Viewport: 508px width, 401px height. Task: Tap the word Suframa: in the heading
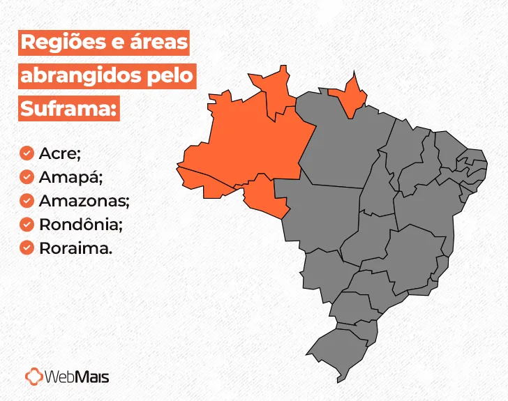68,108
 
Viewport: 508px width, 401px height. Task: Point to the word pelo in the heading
169,75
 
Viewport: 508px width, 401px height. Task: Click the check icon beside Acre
27,153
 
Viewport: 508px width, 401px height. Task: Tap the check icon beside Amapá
27,176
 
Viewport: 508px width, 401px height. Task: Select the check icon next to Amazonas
27,200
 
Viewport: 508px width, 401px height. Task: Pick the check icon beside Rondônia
27,224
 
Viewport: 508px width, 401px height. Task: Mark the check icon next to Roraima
27,248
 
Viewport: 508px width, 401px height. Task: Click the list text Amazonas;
84,200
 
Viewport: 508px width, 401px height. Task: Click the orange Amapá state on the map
348,96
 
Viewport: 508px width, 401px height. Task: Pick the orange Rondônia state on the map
264,195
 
